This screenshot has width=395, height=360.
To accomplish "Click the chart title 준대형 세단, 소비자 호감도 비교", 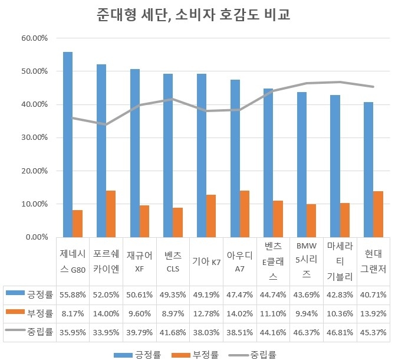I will tap(197, 15).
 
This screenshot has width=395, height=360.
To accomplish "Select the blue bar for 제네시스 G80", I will tap(68, 145).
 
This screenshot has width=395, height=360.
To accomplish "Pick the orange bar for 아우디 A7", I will tap(244, 214).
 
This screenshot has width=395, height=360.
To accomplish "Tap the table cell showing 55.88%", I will tap(73, 293).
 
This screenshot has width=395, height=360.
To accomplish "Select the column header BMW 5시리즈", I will tap(307, 260).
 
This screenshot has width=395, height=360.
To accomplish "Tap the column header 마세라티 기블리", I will tap(340, 260).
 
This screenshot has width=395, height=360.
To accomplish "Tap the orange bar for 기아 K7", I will tap(211, 216).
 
